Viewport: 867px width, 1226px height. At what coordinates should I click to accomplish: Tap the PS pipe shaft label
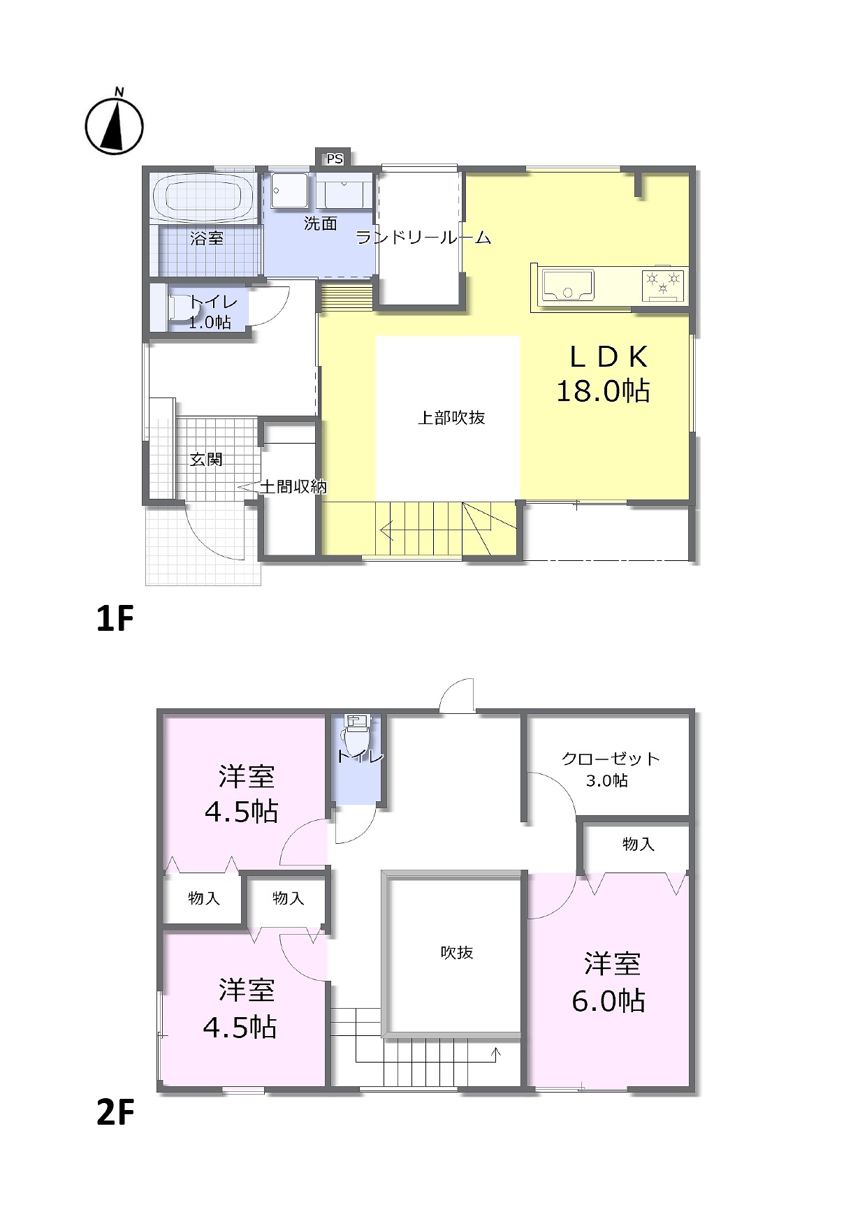[x=335, y=159]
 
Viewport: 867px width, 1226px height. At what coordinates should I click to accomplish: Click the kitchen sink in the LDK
[x=567, y=284]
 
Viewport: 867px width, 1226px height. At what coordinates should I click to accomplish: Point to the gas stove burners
[x=663, y=284]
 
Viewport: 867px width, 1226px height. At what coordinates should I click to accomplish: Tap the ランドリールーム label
[x=423, y=238]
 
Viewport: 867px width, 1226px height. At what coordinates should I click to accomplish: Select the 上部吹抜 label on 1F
[x=451, y=418]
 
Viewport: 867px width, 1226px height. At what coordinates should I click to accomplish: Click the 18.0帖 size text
[x=603, y=391]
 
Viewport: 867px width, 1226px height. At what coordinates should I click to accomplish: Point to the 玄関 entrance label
[x=206, y=460]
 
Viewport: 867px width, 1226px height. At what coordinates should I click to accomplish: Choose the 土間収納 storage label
[x=293, y=486]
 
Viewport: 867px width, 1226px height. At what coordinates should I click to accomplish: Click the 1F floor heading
[x=115, y=618]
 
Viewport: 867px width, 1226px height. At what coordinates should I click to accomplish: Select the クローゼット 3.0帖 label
[x=611, y=769]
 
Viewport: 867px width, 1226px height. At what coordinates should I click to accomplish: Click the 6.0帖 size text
[x=609, y=1001]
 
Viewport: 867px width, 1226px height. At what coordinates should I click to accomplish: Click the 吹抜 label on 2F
[x=457, y=952]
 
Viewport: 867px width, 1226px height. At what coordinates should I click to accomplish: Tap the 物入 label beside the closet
[x=639, y=844]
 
